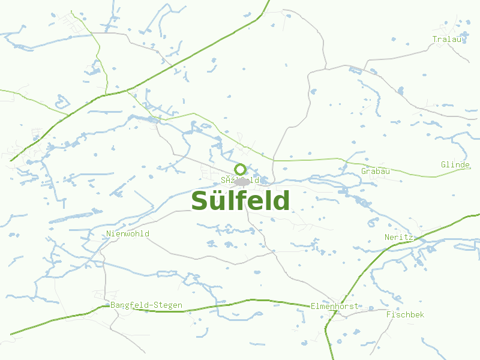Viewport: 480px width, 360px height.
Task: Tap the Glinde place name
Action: (x=455, y=164)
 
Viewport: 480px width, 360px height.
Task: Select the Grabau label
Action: (x=376, y=172)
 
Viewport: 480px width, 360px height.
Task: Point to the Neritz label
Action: (x=399, y=237)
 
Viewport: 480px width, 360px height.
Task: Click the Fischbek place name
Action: (x=405, y=314)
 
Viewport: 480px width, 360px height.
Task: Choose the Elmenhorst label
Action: (x=334, y=306)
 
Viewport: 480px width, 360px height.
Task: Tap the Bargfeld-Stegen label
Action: (x=146, y=305)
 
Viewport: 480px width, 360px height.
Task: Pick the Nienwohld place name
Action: (x=128, y=233)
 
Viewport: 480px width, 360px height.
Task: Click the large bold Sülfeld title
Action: (x=240, y=201)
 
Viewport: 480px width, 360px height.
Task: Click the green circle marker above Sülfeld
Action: (x=240, y=169)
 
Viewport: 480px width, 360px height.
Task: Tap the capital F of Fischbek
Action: (x=389, y=314)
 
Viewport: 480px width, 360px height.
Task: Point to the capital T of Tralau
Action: (x=435, y=40)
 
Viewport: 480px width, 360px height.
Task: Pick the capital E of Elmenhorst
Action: (x=313, y=306)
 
